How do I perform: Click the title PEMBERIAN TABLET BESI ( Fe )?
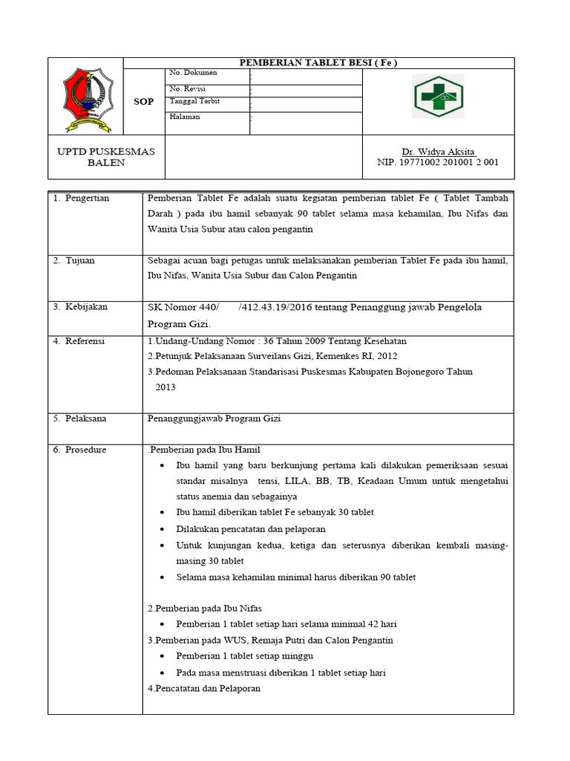pos(318,62)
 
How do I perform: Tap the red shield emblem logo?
pos(88,97)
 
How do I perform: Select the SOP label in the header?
pos(144,102)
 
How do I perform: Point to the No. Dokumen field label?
pos(191,73)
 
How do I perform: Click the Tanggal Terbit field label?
pos(194,102)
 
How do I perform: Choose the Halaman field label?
pos(185,117)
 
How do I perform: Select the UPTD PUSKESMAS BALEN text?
pos(106,157)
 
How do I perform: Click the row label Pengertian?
pos(87,198)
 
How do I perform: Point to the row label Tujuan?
pos(80,261)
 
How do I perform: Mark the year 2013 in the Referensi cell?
pos(166,387)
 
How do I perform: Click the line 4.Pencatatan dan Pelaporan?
pos(203,688)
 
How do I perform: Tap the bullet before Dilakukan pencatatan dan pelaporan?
pos(163,529)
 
